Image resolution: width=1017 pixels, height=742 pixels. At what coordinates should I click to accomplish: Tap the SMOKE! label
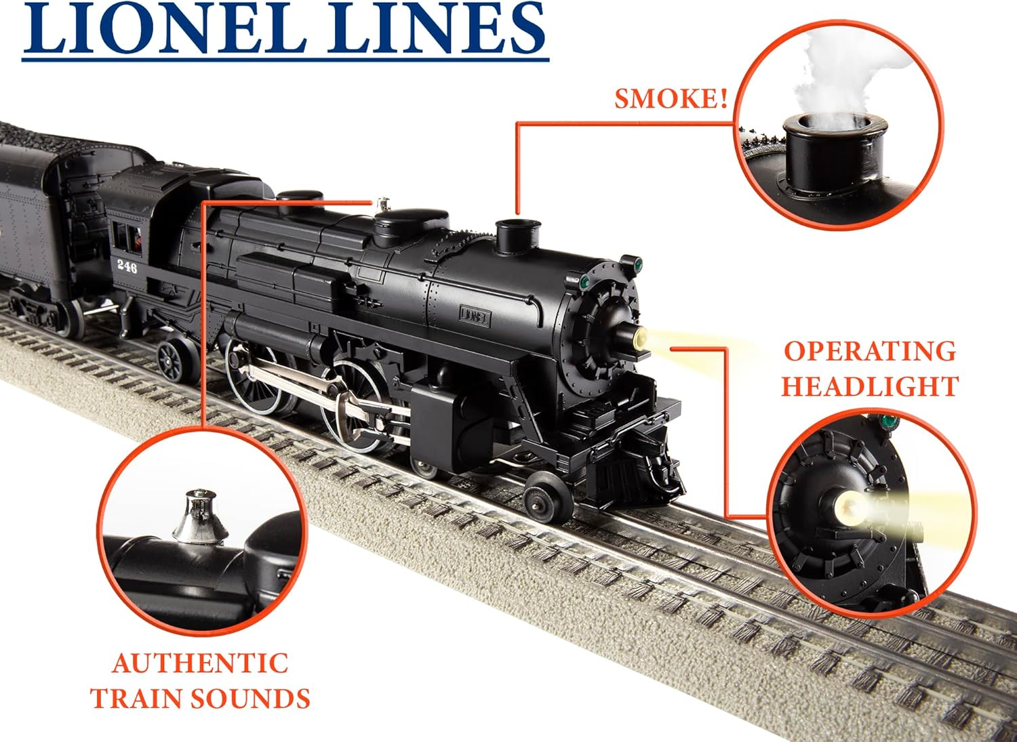[x=671, y=99]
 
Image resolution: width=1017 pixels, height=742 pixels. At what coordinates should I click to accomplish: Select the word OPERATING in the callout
[x=870, y=352]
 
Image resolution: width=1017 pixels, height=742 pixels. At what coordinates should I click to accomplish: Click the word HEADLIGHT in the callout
[x=870, y=386]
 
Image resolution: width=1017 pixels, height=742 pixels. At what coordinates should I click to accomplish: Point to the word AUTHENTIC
[x=200, y=663]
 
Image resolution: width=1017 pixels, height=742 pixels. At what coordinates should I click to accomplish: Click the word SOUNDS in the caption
[x=249, y=698]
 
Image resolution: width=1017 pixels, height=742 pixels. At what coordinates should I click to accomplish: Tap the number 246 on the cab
[x=127, y=266]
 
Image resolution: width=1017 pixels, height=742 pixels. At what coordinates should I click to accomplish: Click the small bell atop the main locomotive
[x=383, y=204]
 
